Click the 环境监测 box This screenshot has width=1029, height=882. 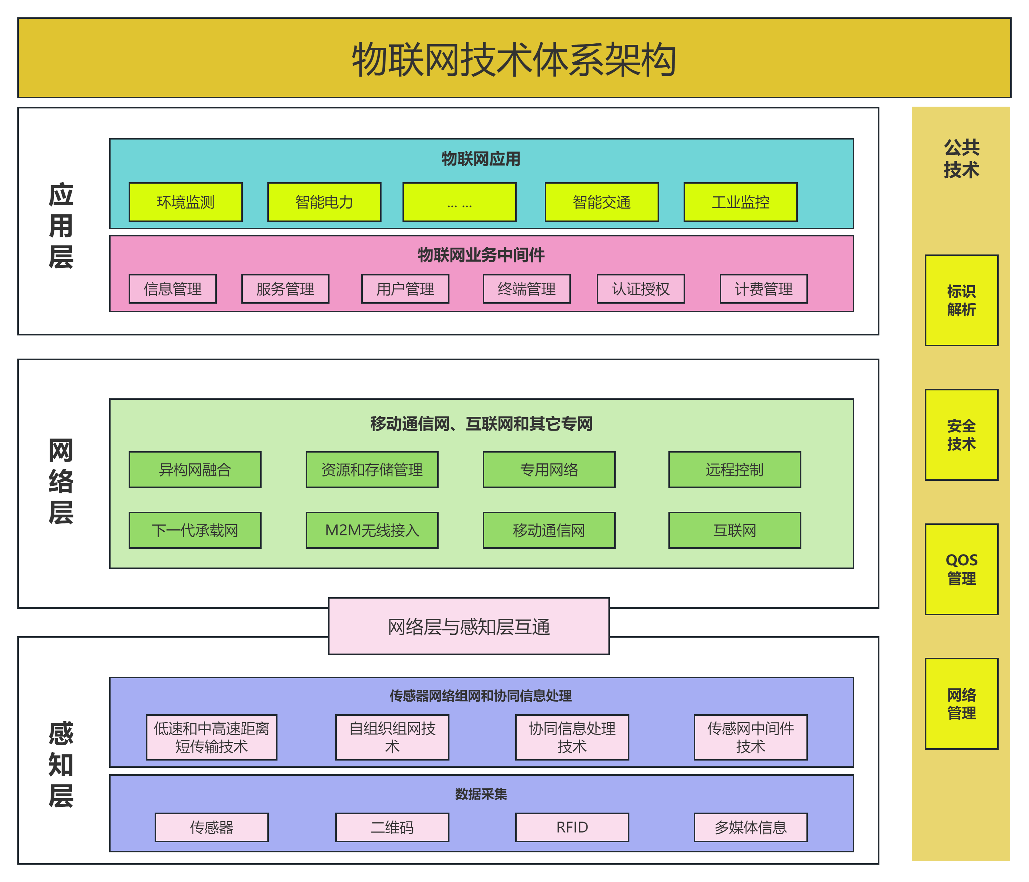[x=185, y=202]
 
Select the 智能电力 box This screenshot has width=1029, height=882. [x=324, y=202]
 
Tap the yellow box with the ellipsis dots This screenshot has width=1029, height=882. [x=459, y=202]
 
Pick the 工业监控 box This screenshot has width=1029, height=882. [x=740, y=202]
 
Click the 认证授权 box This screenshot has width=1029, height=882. [x=640, y=289]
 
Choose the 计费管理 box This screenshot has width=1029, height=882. [x=763, y=289]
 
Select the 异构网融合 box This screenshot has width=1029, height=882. [x=195, y=470]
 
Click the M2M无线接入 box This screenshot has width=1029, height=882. [x=371, y=530]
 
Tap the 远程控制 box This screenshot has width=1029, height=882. [x=734, y=470]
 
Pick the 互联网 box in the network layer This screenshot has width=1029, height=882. [x=734, y=530]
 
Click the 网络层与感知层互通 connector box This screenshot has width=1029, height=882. [x=468, y=626]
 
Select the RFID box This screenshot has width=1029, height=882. [x=572, y=827]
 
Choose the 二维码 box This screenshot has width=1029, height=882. [x=392, y=827]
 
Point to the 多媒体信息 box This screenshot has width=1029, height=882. [x=750, y=827]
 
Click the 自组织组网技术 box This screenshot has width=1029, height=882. [x=392, y=737]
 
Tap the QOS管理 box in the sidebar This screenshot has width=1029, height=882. [x=961, y=569]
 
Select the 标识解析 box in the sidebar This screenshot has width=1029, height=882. [x=961, y=300]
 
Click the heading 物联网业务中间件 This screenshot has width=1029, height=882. [x=481, y=255]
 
